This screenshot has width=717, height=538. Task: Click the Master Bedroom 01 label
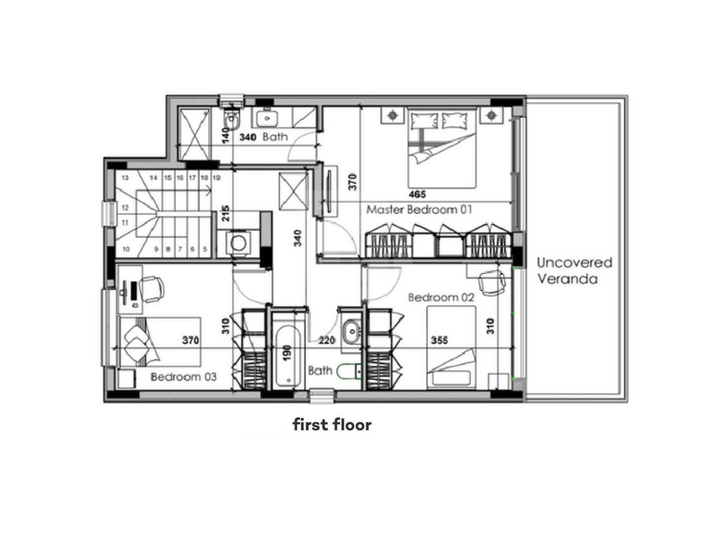click(419, 210)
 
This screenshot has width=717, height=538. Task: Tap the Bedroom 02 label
click(441, 298)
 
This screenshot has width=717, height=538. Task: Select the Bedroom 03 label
click(184, 377)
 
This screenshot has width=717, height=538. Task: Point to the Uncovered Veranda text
click(575, 271)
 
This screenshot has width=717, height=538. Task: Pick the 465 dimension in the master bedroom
click(417, 194)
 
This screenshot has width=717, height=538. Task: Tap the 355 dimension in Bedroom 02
click(439, 340)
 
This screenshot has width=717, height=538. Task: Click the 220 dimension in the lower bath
click(327, 340)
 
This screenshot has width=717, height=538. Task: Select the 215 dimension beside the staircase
click(226, 213)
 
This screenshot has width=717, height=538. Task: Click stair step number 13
click(125, 178)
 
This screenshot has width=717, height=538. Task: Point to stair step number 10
click(126, 249)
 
